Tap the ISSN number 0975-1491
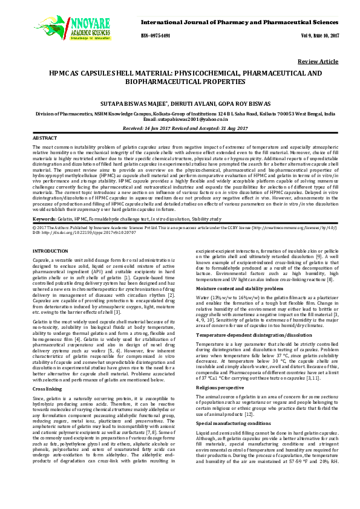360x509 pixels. tap(156, 36)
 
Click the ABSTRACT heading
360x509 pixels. tap(44, 138)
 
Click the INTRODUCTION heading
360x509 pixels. tap(50, 250)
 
